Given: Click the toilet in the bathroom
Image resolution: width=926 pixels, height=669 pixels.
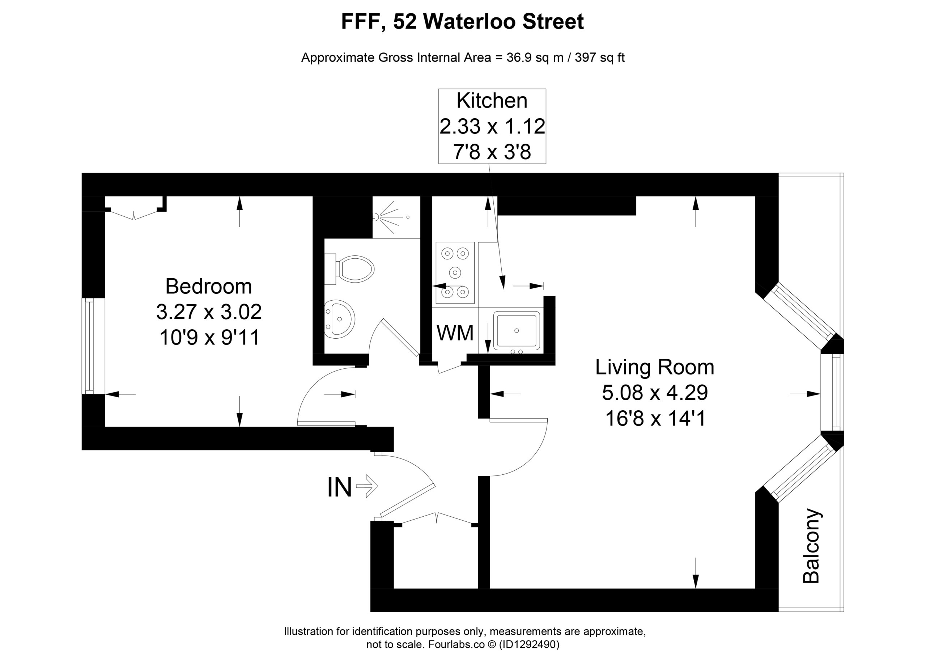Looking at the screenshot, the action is [x=349, y=269].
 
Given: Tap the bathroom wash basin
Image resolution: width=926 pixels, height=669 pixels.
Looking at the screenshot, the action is [x=340, y=319].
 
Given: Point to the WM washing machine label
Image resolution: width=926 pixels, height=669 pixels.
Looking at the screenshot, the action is [x=455, y=333].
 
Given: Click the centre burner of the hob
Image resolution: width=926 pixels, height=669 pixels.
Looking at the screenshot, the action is [x=455, y=272].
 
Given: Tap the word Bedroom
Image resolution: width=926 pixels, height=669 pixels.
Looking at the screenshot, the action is [x=208, y=286].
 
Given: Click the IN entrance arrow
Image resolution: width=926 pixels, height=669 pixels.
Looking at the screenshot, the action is [x=367, y=486].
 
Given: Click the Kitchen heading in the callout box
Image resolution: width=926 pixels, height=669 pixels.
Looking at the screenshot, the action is [x=492, y=101].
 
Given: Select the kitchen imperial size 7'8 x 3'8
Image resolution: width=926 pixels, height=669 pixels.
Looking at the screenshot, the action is [x=492, y=152].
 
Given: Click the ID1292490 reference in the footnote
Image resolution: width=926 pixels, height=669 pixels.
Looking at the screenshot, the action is [x=529, y=644].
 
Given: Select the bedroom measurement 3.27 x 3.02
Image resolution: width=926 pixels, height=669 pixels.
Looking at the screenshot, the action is [x=209, y=312].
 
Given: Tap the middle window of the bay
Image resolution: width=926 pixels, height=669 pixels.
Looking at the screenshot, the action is [x=833, y=393].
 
